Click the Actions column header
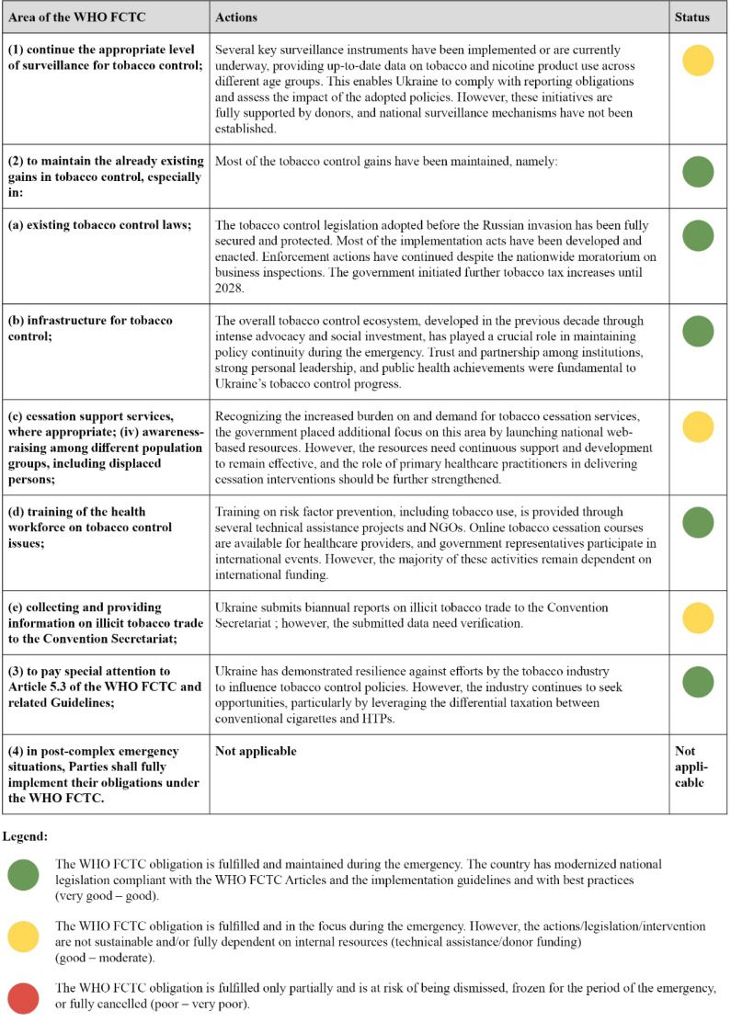236,17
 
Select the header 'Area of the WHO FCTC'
73,17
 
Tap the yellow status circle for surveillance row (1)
699,61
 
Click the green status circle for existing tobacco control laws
699,235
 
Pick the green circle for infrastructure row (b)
699,331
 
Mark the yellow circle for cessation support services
699,426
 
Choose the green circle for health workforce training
699,522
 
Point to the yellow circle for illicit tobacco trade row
699,618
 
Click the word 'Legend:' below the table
28,837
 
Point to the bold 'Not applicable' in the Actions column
256,751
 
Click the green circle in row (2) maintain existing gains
699,172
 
